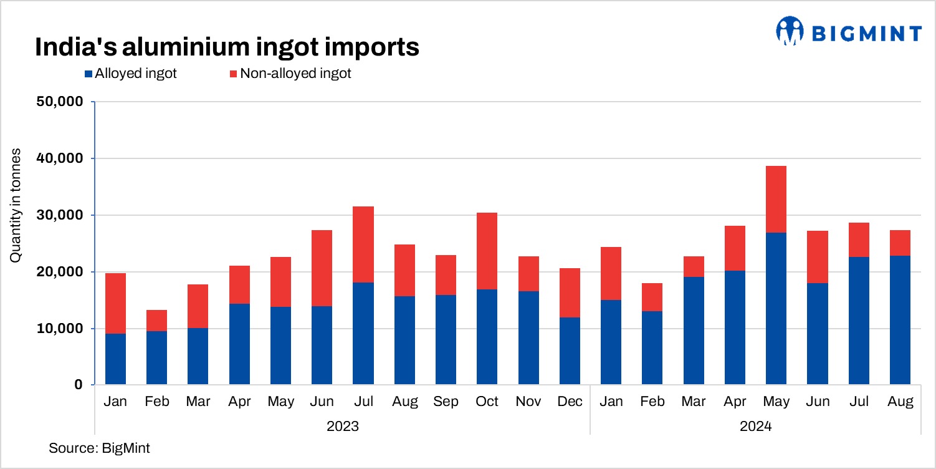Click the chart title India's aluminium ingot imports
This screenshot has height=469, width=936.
pos(227,47)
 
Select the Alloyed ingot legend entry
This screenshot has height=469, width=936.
pos(130,74)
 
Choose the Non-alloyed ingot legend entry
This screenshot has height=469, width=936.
pos(290,74)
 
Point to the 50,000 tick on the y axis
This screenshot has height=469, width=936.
pos(61,102)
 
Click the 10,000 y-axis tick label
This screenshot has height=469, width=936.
pos(61,329)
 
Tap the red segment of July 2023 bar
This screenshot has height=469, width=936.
pos(363,244)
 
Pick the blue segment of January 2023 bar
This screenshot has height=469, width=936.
pos(115,359)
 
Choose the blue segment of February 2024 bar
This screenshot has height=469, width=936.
pos(652,348)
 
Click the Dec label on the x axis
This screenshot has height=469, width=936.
pos(570,402)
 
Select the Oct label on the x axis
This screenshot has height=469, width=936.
pos(487,402)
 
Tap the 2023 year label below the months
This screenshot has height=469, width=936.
pos(342,427)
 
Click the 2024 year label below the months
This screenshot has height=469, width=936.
pos(755,427)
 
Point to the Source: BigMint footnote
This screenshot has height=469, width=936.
pos(99,448)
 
